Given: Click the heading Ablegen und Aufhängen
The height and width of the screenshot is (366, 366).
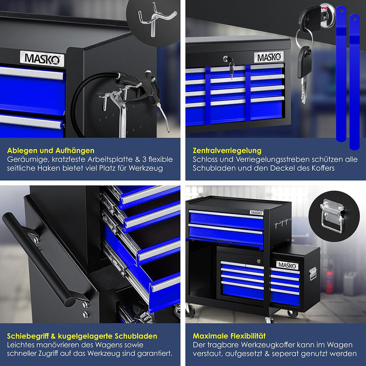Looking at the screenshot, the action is (x=51, y=150).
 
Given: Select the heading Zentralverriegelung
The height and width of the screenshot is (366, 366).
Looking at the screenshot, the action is (x=227, y=151).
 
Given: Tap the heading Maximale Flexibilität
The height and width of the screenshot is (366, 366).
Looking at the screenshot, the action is (x=229, y=336).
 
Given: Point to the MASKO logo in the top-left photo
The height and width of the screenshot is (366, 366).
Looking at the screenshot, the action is (x=42, y=58).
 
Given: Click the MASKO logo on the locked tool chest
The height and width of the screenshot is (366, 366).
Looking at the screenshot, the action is (x=269, y=57).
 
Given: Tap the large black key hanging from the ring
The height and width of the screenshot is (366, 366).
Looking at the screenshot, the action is (x=304, y=62).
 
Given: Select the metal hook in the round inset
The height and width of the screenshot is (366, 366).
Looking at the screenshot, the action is (x=155, y=18).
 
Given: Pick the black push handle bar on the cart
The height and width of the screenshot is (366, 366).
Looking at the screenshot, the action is (x=39, y=259).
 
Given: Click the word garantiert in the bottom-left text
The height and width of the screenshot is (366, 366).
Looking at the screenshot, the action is (x=155, y=353).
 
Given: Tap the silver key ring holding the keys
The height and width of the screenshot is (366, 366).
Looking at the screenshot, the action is (x=304, y=37).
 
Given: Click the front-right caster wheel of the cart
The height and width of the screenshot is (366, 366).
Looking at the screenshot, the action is (x=293, y=313).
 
